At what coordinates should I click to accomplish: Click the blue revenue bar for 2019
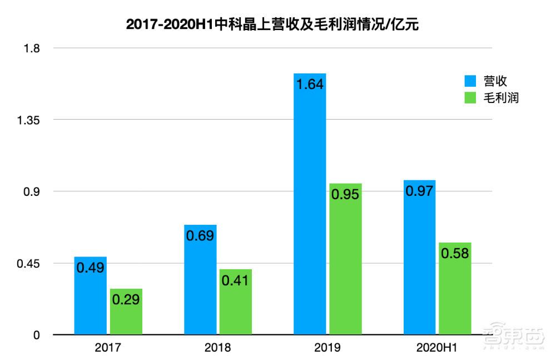point(310,211)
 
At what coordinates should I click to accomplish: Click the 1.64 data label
point(310,85)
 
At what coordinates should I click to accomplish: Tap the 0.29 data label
point(126,299)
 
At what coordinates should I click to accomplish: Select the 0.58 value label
point(455,253)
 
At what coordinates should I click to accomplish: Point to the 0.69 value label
point(200,235)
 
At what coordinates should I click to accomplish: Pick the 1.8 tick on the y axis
point(31,48)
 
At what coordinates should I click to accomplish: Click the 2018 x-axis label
point(218,349)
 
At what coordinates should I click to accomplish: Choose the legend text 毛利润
point(501,98)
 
